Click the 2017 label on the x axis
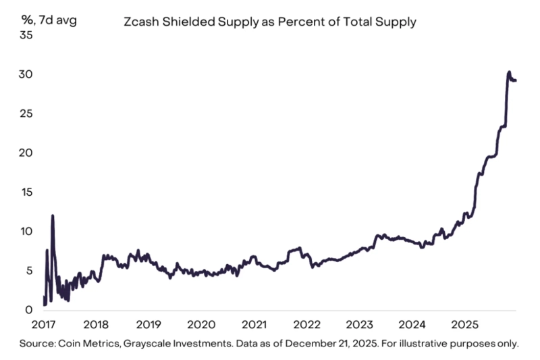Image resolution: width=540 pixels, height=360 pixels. click(44, 324)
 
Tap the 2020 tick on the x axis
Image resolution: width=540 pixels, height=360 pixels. click(200, 324)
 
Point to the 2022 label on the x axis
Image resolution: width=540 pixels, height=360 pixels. click(305, 324)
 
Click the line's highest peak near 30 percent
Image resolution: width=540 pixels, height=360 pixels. click(509, 72)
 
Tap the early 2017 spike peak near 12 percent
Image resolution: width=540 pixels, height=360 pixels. click(53, 215)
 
